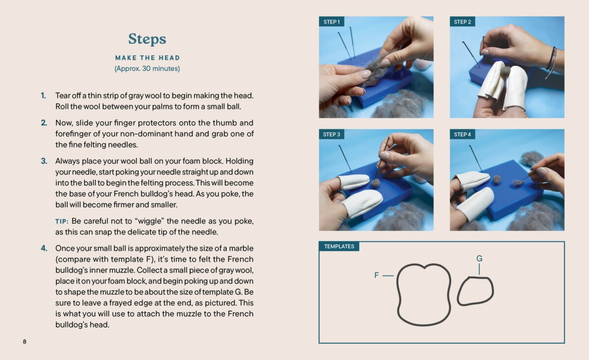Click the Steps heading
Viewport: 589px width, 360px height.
pos(147,39)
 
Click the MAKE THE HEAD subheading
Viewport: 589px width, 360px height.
pos(148,58)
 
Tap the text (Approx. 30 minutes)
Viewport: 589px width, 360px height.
pos(147,69)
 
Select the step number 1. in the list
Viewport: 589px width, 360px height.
pos(43,96)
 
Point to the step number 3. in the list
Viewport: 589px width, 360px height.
pos(44,161)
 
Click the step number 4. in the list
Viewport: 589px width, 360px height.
pos(44,248)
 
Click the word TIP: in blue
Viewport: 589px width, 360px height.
pos(62,222)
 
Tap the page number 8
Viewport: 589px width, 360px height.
pos(25,341)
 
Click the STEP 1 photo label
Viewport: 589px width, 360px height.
pos(332,22)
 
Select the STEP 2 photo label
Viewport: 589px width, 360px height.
pos(462,22)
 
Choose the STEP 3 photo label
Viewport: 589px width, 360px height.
pos(331,135)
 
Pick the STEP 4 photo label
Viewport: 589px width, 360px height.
pos(462,135)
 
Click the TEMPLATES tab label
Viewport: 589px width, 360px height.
pos(339,247)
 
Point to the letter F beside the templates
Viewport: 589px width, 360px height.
pos(376,275)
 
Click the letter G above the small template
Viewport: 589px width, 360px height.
pos(480,259)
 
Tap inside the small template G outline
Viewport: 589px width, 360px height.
pos(476,292)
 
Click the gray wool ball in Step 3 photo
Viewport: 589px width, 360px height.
pos(375,183)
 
